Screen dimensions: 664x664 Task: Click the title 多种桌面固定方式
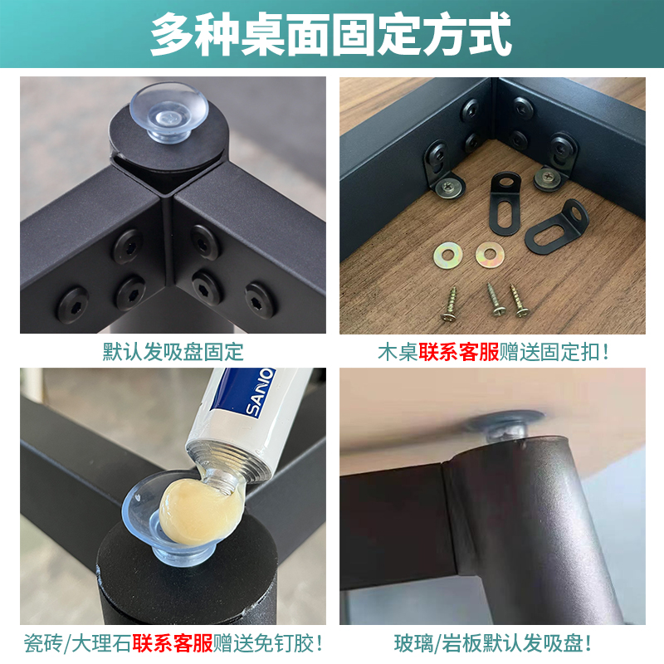click(x=332, y=36)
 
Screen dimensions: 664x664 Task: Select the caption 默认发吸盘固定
click(x=173, y=351)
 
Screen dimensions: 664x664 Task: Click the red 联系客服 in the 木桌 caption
click(x=458, y=351)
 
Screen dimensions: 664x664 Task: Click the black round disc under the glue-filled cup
click(x=166, y=564)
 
